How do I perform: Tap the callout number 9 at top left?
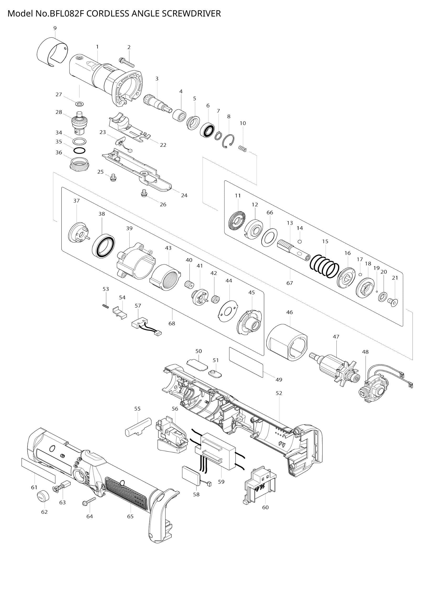click(x=55, y=28)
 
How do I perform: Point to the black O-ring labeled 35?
click(x=80, y=151)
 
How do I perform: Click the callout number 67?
click(x=290, y=283)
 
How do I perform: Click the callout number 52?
click(x=279, y=393)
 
